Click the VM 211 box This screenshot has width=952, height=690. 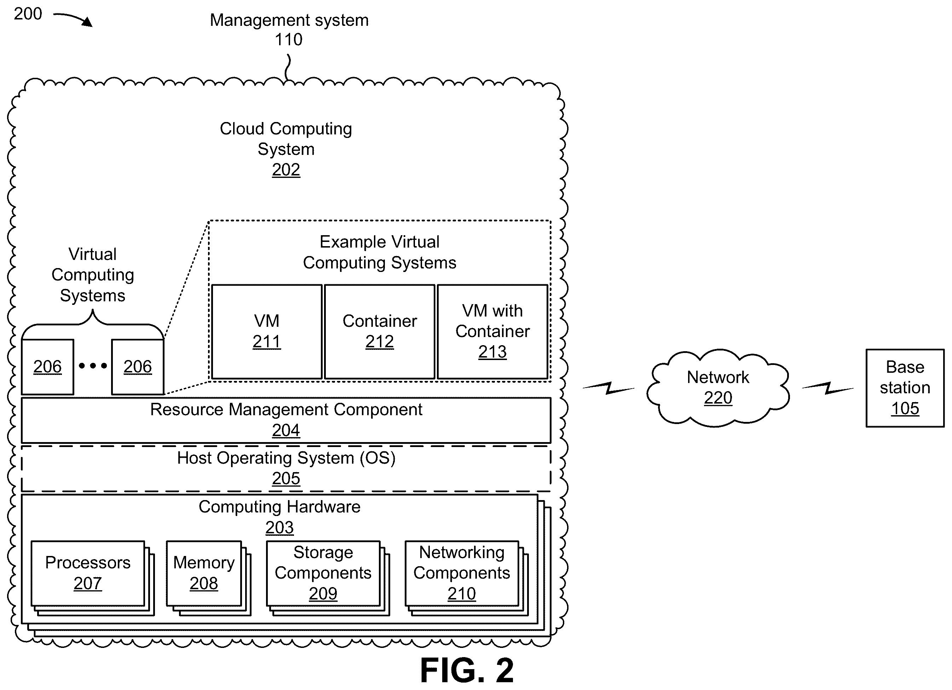click(x=266, y=332)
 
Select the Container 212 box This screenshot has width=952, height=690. click(x=380, y=332)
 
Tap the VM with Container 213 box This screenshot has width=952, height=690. click(x=492, y=332)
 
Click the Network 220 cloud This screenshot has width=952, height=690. click(x=718, y=388)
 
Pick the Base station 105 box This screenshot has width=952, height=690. click(x=905, y=388)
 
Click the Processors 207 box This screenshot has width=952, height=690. click(x=88, y=573)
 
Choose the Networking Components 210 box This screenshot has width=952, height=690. click(x=462, y=573)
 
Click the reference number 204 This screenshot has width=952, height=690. click(x=286, y=430)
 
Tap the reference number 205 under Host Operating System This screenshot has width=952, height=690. click(x=286, y=479)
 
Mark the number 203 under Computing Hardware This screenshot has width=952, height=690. click(x=279, y=528)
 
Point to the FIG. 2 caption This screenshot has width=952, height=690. click(x=467, y=670)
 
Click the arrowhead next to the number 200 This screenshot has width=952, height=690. click(x=87, y=22)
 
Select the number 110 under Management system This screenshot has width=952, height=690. click(x=288, y=40)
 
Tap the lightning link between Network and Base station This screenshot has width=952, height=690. click(x=828, y=388)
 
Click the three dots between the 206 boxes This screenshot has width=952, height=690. click(x=93, y=366)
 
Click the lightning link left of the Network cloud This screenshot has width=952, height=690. click(x=608, y=388)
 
